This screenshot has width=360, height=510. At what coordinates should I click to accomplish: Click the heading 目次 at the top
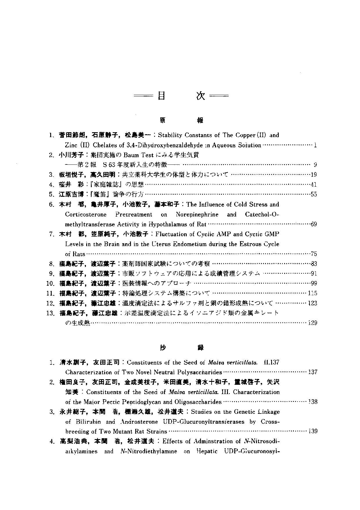tap(181, 96)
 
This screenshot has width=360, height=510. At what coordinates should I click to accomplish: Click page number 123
tap(313, 303)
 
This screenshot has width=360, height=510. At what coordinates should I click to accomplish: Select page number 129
tap(313, 323)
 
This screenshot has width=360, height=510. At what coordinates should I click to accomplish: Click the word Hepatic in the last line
tap(207, 452)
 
